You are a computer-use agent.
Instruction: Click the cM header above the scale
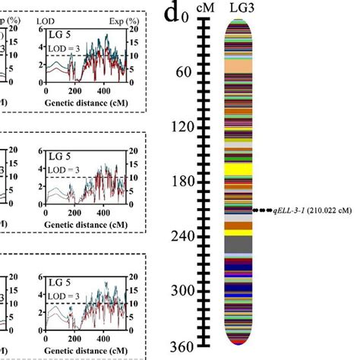click(204, 8)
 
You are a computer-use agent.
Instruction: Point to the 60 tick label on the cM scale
click(183, 73)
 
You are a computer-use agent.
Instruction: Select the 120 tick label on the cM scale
click(179, 128)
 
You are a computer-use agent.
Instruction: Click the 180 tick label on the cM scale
click(179, 182)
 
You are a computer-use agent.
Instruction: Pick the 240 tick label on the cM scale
click(179, 237)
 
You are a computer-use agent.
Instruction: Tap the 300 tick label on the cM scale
click(179, 292)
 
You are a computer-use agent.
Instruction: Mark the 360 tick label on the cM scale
click(179, 346)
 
